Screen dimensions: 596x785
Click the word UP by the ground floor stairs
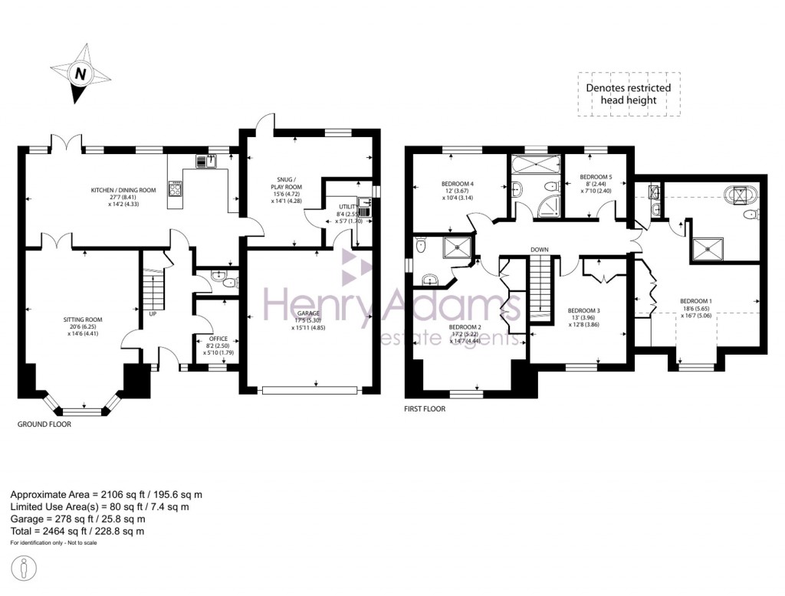(x=153, y=314)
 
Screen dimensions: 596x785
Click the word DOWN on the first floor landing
(x=539, y=250)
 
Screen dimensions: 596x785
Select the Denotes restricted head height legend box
(x=628, y=93)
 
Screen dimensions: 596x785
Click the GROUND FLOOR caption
(x=44, y=424)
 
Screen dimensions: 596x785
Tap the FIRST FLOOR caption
(x=425, y=409)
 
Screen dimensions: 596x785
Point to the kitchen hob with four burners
(x=174, y=189)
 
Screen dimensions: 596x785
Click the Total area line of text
(x=77, y=531)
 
